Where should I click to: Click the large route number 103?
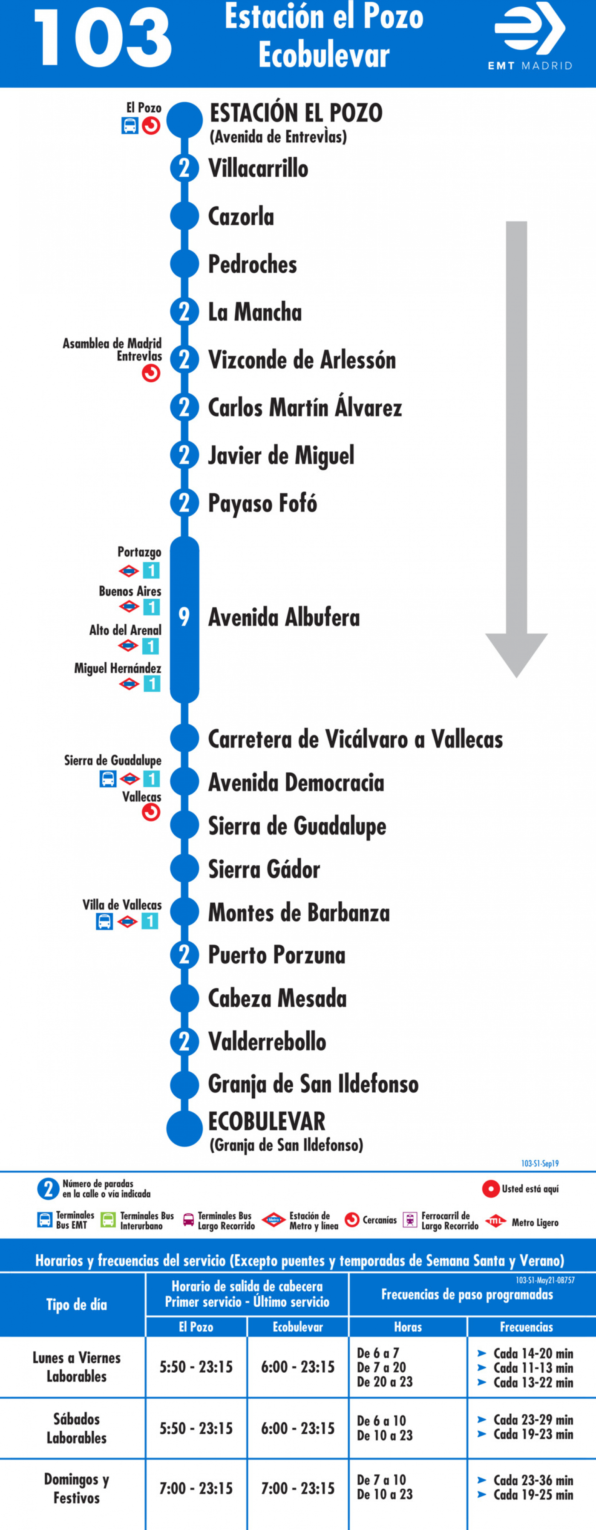(103, 38)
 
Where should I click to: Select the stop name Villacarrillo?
(258, 168)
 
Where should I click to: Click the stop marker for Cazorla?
(184, 216)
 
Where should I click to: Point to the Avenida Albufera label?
(284, 617)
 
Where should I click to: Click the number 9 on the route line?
(184, 617)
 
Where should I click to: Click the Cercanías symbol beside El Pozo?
(151, 126)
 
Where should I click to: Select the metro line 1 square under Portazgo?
(151, 571)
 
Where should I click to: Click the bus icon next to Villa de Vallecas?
(104, 921)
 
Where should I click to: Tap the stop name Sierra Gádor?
(264, 869)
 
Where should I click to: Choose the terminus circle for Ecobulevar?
(184, 1129)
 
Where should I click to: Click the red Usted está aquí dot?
(490, 1189)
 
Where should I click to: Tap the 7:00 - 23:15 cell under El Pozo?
(196, 1488)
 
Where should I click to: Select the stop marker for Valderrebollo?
(184, 1041)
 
